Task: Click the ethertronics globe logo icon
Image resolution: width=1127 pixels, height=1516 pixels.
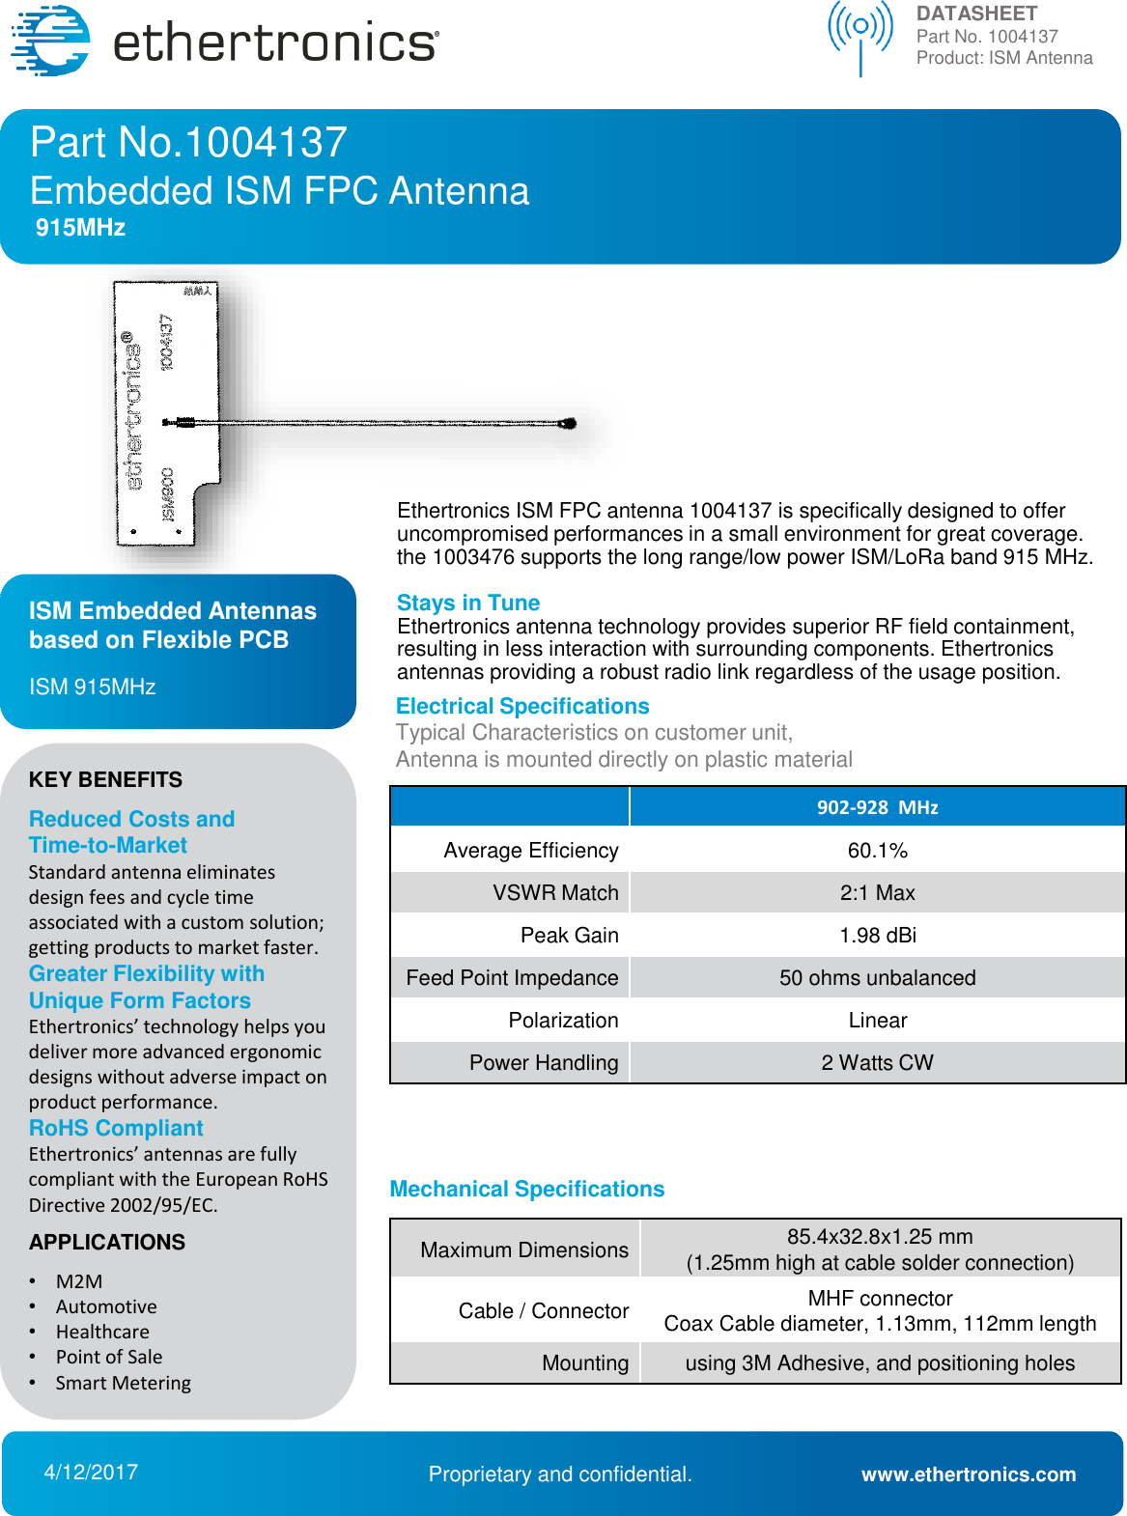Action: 50,41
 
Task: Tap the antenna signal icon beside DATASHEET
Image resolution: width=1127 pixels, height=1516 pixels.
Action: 859,37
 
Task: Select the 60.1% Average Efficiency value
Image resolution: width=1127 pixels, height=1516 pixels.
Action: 877,851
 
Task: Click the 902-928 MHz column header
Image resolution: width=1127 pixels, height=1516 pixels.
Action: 877,807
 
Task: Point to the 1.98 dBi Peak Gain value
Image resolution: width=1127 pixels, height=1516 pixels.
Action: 877,936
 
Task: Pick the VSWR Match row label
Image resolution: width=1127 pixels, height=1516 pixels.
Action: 555,893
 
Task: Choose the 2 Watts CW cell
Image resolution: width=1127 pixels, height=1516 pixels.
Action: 877,1063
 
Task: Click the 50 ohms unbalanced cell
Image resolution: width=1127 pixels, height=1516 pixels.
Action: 877,978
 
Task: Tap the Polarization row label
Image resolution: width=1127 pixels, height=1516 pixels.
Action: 563,1021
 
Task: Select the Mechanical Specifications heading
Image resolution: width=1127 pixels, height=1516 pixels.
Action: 526,1190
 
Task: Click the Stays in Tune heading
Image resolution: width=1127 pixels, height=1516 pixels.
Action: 467,604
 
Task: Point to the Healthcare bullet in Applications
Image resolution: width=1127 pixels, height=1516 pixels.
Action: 102,1333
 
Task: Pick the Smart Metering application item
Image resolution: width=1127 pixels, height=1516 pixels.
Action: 123,1383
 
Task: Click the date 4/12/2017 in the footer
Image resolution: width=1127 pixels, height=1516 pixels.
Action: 91,1473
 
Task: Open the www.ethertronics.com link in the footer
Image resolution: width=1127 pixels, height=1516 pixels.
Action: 968,1474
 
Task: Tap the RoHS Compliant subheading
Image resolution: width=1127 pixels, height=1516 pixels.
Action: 116,1129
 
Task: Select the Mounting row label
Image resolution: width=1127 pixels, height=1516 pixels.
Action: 584,1363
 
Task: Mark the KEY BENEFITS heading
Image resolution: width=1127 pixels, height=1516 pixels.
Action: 105,780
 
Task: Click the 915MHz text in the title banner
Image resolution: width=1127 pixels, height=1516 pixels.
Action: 80,228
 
